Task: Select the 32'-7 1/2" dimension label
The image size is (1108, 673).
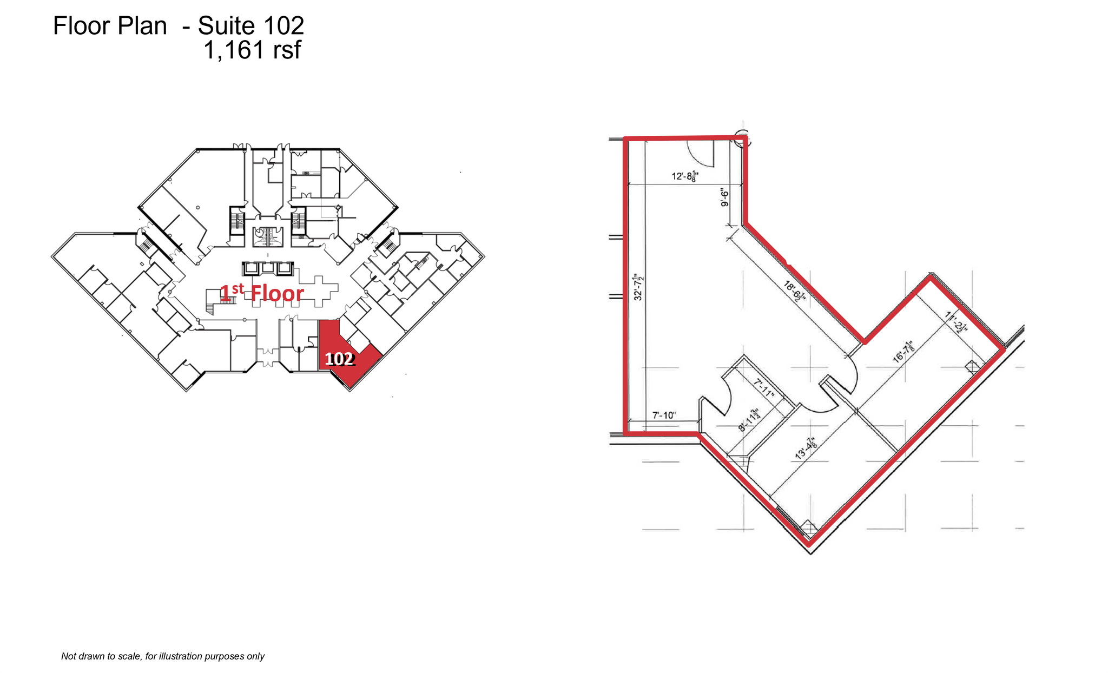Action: click(x=639, y=287)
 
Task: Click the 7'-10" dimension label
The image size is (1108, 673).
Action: click(x=664, y=415)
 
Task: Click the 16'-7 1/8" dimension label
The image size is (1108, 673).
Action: click(x=904, y=351)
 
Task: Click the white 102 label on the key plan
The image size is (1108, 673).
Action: click(x=339, y=359)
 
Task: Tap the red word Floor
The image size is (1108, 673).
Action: click(x=277, y=294)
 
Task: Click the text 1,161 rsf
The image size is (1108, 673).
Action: click(x=252, y=50)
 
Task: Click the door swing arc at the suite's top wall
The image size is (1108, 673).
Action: click(x=701, y=154)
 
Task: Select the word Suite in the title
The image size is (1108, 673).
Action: click(x=226, y=25)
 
